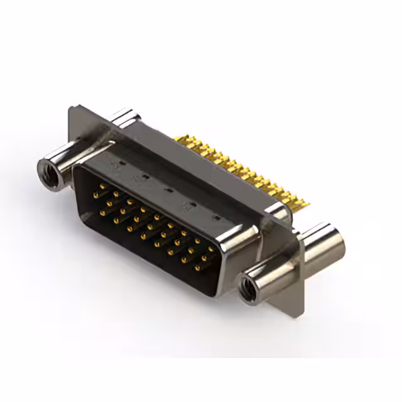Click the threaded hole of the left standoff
[x=49, y=168]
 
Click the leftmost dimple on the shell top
[x=114, y=165]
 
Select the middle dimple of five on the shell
[x=168, y=189]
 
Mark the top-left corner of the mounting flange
[x=71, y=109]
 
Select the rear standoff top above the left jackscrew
[x=126, y=116]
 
